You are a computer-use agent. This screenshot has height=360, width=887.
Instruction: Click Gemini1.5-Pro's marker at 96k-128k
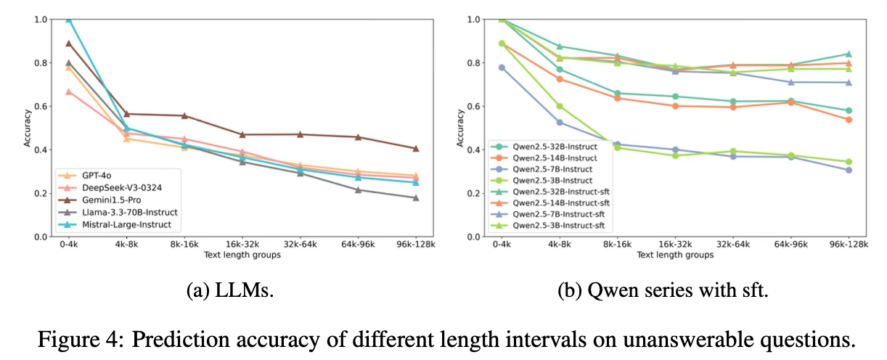click(x=415, y=149)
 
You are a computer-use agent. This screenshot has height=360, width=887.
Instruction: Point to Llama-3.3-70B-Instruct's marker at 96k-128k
click(x=415, y=197)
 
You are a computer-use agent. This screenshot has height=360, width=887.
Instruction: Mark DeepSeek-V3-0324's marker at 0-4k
click(x=68, y=91)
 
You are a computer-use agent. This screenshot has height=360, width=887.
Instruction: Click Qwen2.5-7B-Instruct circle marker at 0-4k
click(x=502, y=67)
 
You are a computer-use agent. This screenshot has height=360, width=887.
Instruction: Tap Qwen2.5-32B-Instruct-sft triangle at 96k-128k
click(x=848, y=54)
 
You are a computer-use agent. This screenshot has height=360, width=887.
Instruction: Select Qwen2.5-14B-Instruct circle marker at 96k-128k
click(x=848, y=120)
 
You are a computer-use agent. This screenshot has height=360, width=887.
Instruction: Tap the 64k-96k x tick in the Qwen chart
click(x=790, y=245)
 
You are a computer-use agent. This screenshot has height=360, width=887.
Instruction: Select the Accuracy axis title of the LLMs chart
click(x=27, y=128)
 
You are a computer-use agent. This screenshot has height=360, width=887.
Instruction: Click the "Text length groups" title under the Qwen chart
click(x=674, y=255)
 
